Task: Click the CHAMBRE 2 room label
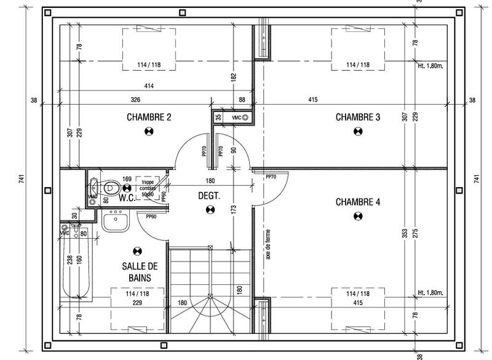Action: pyautogui.click(x=148, y=117)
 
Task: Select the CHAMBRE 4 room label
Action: pyautogui.click(x=357, y=202)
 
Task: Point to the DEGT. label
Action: pyautogui.click(x=209, y=196)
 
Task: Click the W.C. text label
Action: pyautogui.click(x=127, y=198)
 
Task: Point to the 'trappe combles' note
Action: pyautogui.click(x=148, y=186)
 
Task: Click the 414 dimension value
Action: pyautogui.click(x=149, y=86)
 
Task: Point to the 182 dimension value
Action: pyautogui.click(x=233, y=78)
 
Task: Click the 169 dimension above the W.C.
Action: pyautogui.click(x=127, y=180)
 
